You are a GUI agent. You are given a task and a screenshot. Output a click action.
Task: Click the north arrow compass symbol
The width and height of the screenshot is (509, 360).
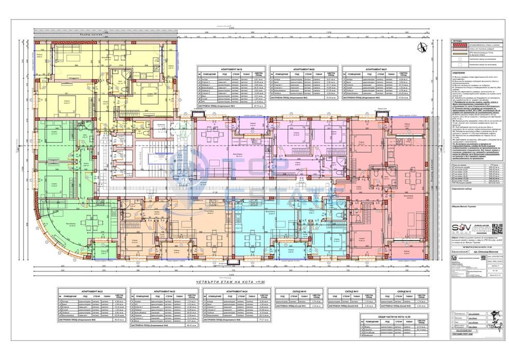(423, 47)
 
